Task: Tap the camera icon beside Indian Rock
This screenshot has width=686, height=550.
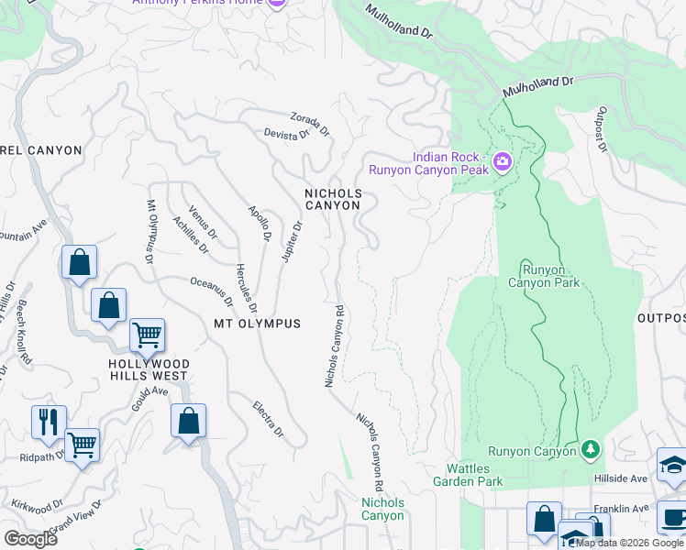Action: click(502, 163)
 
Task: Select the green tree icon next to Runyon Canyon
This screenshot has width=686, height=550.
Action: click(592, 449)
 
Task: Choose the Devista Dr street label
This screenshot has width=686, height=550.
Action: click(286, 135)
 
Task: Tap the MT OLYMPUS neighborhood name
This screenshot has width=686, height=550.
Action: click(257, 324)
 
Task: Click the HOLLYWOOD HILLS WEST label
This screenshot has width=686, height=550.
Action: click(149, 370)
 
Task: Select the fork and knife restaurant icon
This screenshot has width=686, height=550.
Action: click(49, 422)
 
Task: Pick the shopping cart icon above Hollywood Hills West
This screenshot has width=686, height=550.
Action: click(147, 335)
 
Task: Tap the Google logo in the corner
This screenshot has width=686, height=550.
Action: click(30, 539)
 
